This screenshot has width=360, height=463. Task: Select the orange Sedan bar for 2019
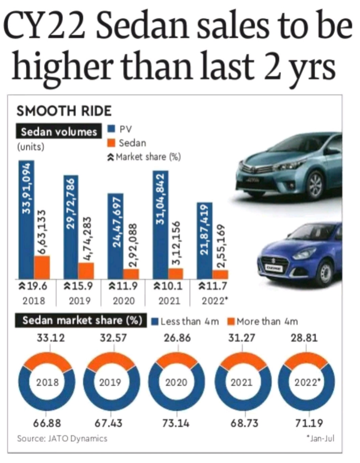coord(86,270)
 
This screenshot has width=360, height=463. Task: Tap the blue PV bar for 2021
coord(160,224)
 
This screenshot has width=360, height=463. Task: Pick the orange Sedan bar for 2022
coord(220,274)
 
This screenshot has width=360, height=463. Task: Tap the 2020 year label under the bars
coord(123,300)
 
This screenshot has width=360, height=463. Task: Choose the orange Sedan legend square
coord(111,143)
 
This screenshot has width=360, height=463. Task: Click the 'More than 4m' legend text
coord(266,321)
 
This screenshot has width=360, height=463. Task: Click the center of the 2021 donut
coord(242,382)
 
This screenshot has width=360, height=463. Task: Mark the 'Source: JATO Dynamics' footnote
coord(62,438)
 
